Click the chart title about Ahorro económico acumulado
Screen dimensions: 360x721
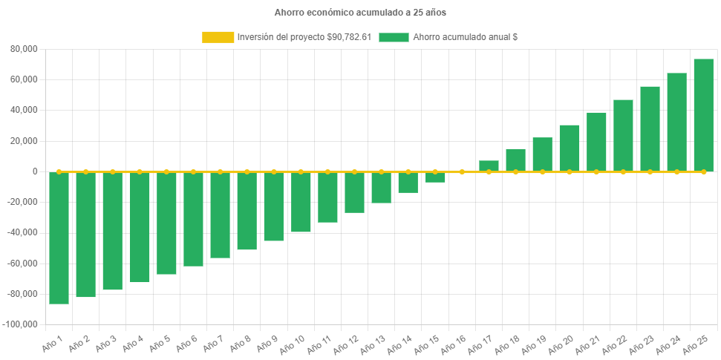click(360, 13)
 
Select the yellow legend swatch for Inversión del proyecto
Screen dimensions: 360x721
click(218, 37)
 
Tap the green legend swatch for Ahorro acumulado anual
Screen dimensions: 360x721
click(394, 37)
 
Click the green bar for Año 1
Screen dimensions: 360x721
click(59, 238)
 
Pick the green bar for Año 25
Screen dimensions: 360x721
click(703, 115)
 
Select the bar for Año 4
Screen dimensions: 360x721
click(140, 227)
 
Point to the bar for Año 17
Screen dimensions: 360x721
click(489, 166)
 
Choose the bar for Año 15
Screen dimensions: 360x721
click(435, 177)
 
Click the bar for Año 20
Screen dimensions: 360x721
click(570, 148)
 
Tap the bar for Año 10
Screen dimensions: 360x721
click(301, 202)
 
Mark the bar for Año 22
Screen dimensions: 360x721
click(623, 136)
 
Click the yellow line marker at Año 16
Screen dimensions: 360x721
click(462, 171)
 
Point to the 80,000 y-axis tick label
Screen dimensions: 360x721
click(25, 49)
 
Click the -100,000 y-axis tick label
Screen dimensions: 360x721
click(22, 324)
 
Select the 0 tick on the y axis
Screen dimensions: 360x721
click(35, 171)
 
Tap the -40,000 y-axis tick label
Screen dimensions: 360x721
click(24, 232)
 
